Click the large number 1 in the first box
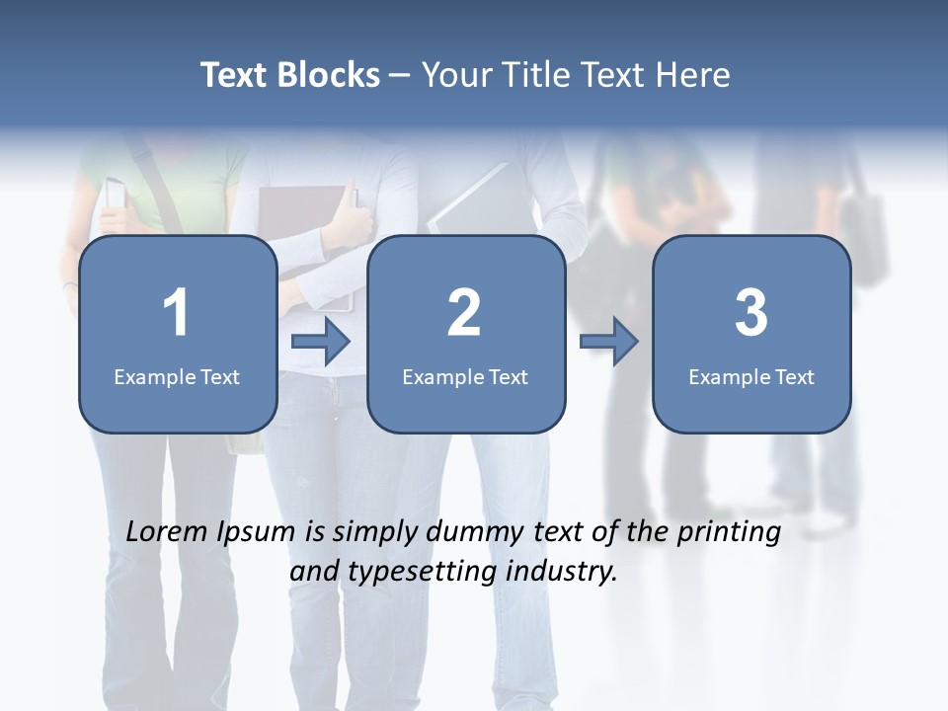[x=176, y=313]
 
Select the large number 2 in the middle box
[x=464, y=313]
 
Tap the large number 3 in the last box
[x=751, y=313]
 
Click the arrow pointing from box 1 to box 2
[x=322, y=343]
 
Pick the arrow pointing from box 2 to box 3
[x=609, y=343]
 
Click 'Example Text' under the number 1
[x=177, y=376]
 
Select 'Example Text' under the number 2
[x=465, y=376]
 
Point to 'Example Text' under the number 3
[x=751, y=376]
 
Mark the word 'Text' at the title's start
[x=235, y=75]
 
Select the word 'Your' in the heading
[x=456, y=75]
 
